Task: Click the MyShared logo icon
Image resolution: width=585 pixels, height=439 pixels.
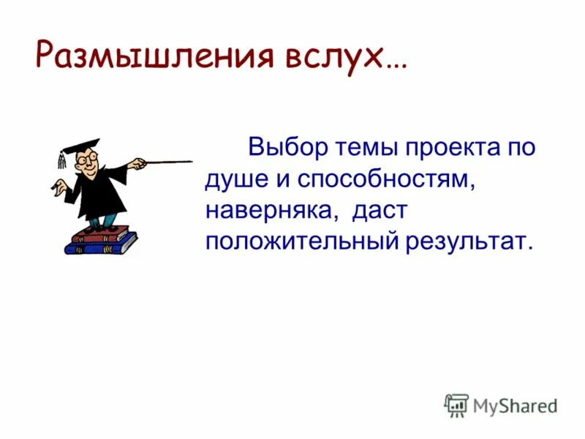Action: [456, 405]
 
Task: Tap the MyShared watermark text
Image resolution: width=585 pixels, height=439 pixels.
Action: [515, 405]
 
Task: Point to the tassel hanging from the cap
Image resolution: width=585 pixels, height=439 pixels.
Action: [61, 160]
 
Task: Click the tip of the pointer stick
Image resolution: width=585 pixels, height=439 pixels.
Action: [192, 161]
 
